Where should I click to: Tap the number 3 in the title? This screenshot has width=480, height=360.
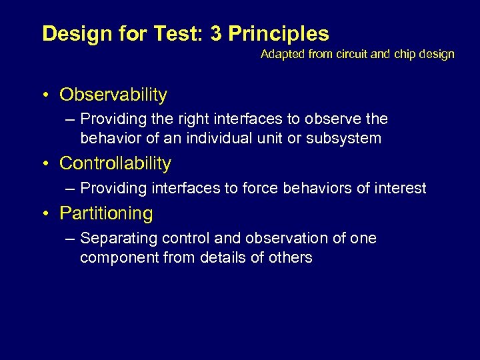pos(216,34)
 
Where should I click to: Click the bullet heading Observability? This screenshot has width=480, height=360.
pos(113,95)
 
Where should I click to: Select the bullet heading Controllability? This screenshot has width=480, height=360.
pos(115,163)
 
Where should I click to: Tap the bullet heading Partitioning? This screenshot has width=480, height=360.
pos(106,213)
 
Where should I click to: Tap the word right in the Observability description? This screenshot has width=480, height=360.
pos(187,119)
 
